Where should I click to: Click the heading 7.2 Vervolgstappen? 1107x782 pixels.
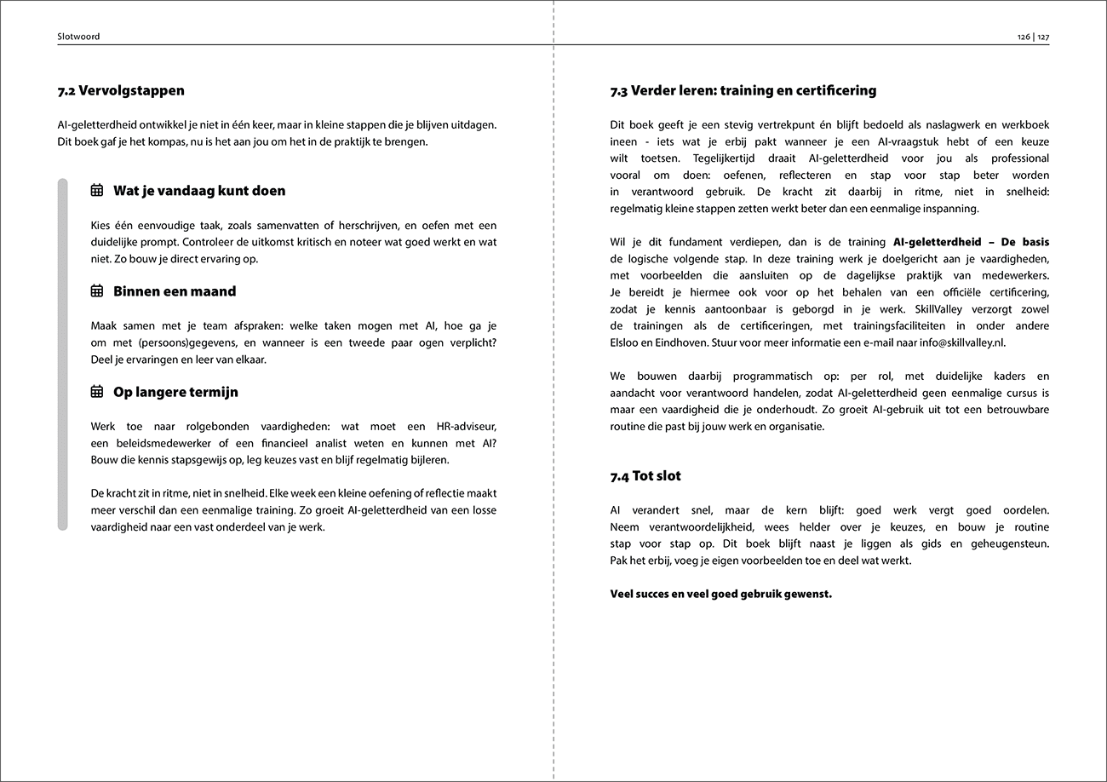click(121, 90)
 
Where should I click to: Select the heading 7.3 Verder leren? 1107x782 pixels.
click(743, 90)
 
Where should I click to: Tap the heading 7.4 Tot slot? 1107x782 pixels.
click(645, 476)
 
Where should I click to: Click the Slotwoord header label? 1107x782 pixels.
click(78, 37)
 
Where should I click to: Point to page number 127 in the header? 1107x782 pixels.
click(1042, 37)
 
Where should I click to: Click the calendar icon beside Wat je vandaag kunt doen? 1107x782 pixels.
click(97, 191)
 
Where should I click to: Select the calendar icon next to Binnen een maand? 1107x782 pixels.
click(97, 291)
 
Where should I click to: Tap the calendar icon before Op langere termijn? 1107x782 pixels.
click(97, 393)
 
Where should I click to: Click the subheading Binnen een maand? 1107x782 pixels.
click(175, 291)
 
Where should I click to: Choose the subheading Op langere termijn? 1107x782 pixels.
click(175, 393)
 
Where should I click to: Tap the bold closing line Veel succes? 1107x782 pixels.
click(720, 594)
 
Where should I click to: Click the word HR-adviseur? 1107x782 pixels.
click(462, 426)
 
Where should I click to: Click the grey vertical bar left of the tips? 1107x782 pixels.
click(62, 354)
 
